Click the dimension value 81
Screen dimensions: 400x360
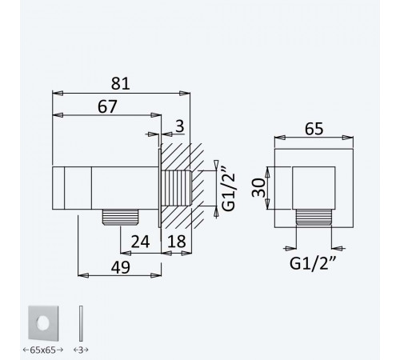(121, 83)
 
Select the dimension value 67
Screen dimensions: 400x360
(107, 106)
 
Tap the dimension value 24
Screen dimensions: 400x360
(140, 242)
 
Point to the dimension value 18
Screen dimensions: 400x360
(177, 242)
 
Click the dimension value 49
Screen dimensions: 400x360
(121, 267)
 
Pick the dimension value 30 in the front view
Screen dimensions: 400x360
(258, 188)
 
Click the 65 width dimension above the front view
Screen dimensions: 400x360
(314, 129)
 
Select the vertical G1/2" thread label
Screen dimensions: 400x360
(229, 189)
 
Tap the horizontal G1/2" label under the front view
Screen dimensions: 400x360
(313, 263)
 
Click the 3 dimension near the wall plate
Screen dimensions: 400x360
(180, 126)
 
